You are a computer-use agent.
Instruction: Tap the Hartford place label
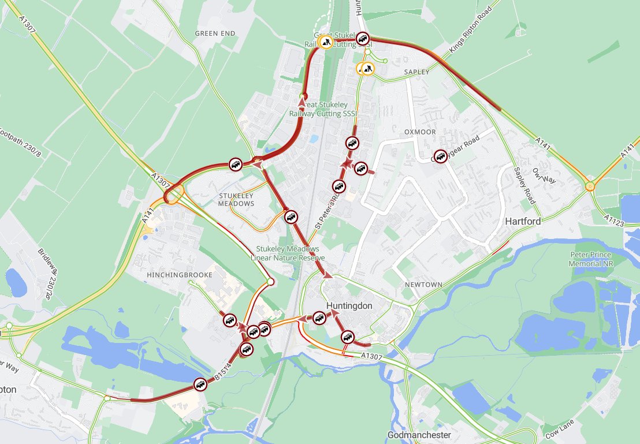click(523, 221)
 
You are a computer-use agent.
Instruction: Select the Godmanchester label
click(419, 434)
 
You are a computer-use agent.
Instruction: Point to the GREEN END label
click(215, 33)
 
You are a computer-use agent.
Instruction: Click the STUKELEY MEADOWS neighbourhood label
click(236, 200)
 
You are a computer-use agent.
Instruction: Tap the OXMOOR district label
click(420, 132)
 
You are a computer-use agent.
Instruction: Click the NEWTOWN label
click(423, 285)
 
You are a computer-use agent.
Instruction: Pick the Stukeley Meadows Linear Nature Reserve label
click(288, 253)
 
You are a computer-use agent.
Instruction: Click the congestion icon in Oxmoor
click(441, 156)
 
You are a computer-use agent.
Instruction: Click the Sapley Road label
click(524, 185)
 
